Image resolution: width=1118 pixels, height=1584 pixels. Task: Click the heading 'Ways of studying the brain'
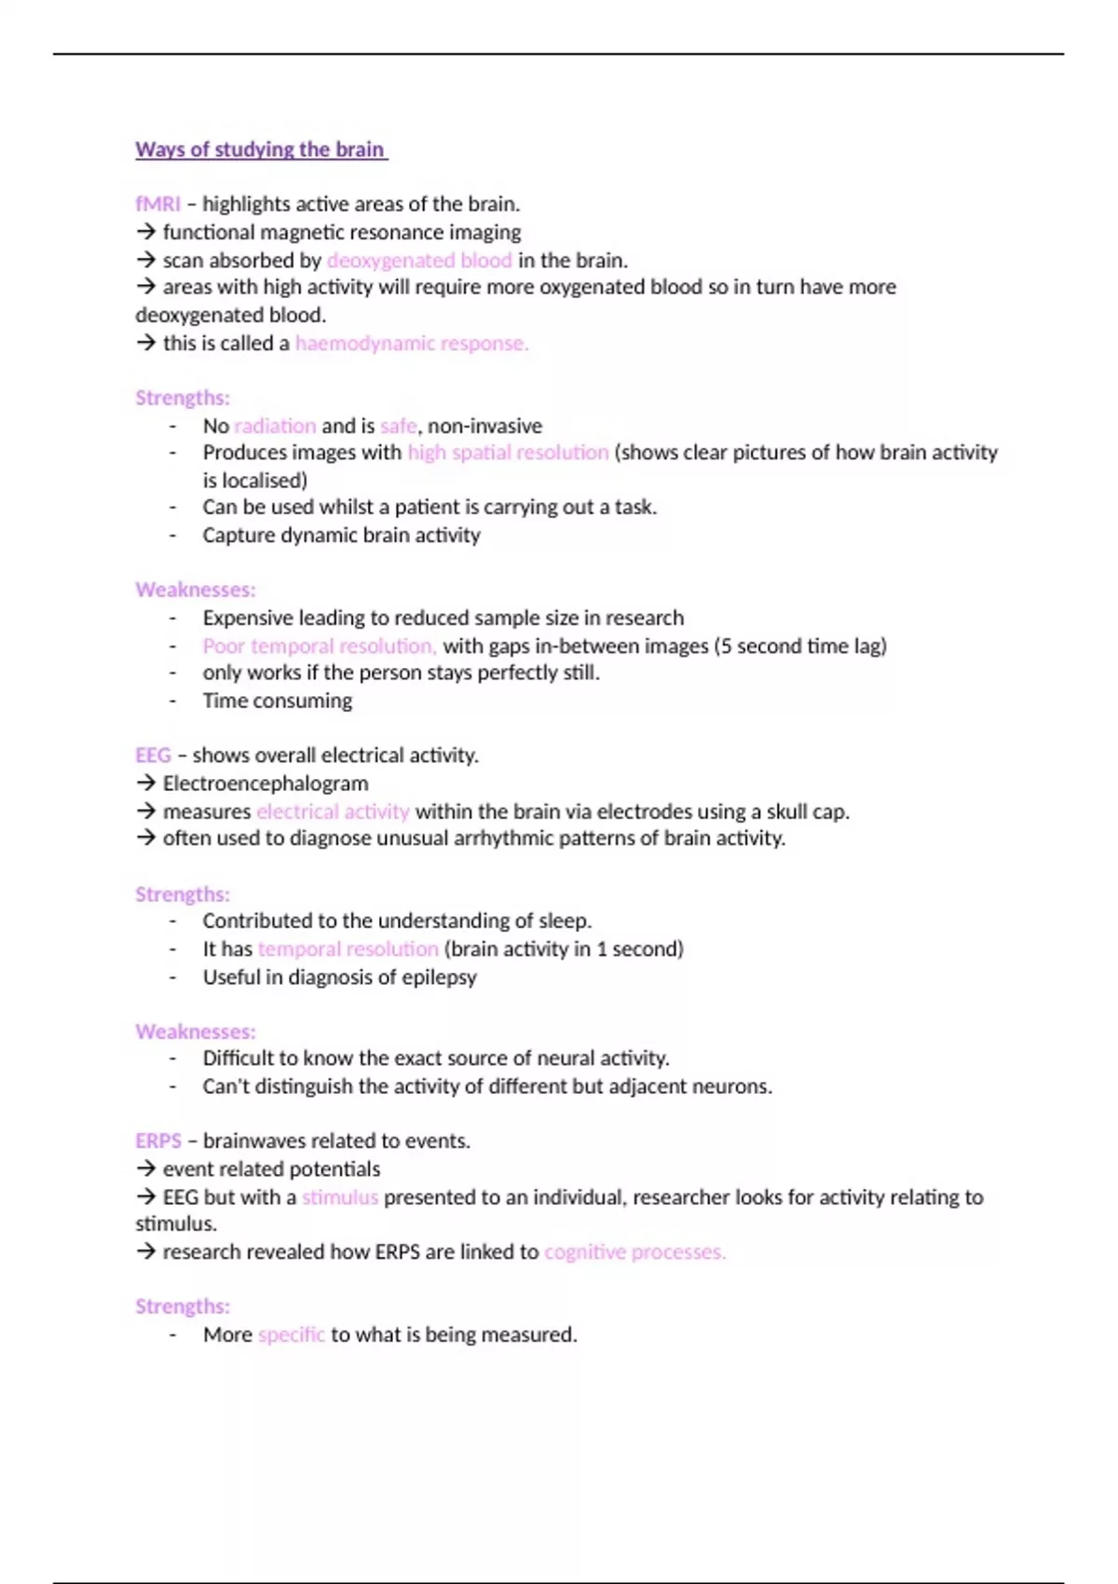[x=260, y=149]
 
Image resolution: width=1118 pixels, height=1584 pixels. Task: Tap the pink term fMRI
[x=157, y=204]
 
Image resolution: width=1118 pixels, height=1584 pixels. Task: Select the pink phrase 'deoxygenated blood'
[x=419, y=260]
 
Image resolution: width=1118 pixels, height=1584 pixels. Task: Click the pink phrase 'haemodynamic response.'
[x=412, y=343]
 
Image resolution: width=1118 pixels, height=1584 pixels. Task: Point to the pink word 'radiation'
[x=275, y=426]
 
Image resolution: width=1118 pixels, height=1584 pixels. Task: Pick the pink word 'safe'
[x=399, y=426]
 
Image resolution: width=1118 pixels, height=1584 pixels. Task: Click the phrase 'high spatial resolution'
[x=508, y=453]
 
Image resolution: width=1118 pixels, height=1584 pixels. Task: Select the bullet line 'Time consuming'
[x=278, y=701]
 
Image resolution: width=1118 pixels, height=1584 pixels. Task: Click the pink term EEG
[x=153, y=756]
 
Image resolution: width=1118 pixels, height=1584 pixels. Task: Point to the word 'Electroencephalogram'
[x=266, y=784]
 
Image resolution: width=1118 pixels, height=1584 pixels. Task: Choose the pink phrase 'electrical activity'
[x=333, y=812]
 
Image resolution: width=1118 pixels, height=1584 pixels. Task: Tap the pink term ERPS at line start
[x=158, y=1141]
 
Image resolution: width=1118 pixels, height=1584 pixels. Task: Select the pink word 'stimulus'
[x=340, y=1197]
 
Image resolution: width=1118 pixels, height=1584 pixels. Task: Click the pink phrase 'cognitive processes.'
[x=634, y=1252]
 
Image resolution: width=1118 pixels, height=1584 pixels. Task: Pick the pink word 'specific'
[x=292, y=1335]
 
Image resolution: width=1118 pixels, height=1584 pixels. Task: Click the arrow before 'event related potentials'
[x=145, y=1169]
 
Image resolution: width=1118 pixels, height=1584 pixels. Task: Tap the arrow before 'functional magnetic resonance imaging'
[x=145, y=232]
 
